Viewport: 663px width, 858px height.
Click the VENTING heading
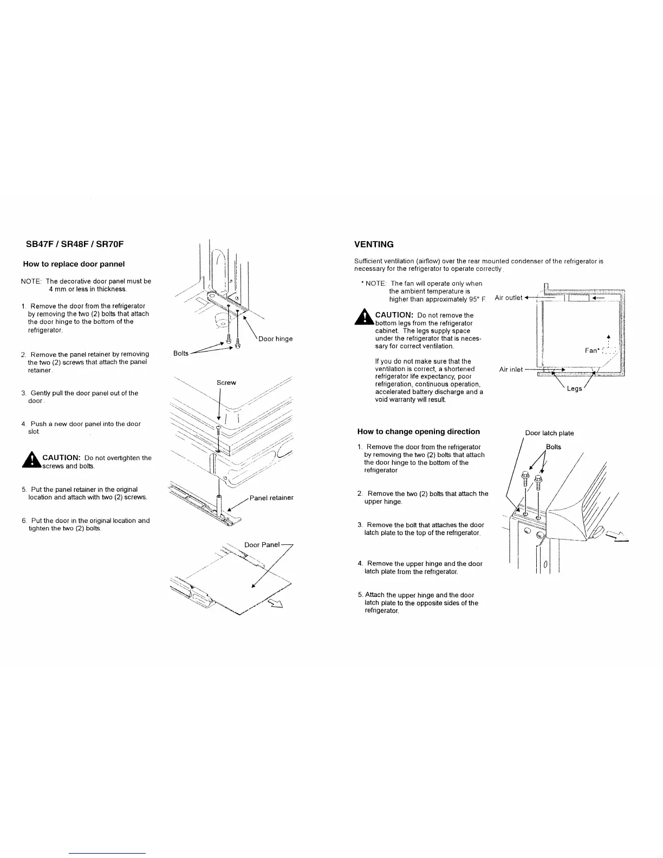374,244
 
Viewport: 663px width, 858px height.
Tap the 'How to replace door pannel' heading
74,264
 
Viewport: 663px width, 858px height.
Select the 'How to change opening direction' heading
418,432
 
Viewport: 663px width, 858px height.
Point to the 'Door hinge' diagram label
275,339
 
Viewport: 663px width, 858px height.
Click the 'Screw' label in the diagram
226,382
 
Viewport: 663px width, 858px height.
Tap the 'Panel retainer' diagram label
271,498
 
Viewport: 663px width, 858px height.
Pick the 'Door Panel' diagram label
262,544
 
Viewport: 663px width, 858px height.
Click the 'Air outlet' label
509,297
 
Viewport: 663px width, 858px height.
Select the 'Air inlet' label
511,369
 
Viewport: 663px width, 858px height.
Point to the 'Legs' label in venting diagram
574,388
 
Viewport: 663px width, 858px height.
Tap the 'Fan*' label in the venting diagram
591,350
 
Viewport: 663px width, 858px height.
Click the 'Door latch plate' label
549,433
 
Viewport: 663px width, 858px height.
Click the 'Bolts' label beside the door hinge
181,353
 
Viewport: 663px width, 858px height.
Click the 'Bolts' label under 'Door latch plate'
553,447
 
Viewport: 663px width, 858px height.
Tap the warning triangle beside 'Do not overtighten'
33,460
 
